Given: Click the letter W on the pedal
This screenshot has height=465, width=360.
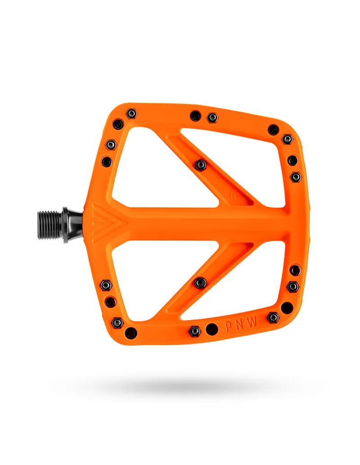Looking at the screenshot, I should coord(255,323).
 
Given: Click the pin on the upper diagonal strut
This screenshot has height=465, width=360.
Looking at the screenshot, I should coord(201,165).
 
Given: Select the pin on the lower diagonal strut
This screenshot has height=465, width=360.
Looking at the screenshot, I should coord(200,283).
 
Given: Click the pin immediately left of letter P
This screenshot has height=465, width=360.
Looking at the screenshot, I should coord(211,329).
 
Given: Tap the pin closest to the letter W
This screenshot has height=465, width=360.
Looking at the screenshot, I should coord(273,317).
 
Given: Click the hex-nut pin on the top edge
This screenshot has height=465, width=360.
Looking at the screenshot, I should coord(212,118).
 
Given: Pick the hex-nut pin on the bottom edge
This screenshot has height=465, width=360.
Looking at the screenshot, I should coord(194,331).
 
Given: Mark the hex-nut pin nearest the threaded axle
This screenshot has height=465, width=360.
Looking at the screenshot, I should coord(106,285).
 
